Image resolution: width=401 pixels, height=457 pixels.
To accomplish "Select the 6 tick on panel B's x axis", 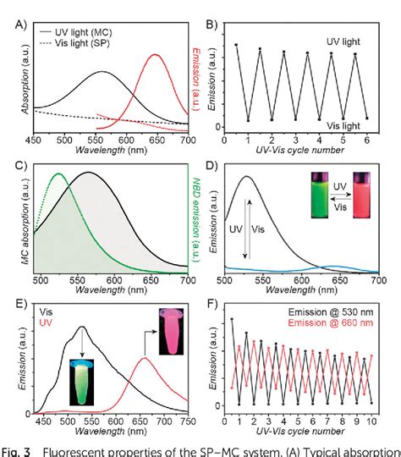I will point(367,139).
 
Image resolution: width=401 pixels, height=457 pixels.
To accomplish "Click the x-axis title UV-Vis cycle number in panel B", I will point(302,150).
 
